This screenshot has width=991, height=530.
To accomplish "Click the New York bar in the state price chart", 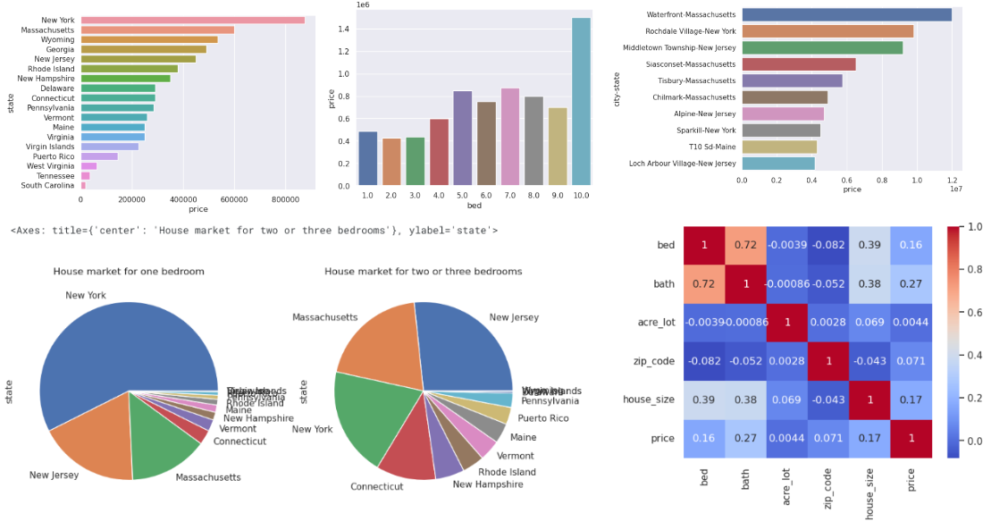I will pos(192,20).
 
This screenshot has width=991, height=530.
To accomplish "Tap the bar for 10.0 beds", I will pos(581,102).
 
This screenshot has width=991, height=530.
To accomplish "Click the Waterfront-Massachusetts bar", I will pos(846,14).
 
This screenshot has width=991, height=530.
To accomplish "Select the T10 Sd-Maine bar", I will pos(779,147).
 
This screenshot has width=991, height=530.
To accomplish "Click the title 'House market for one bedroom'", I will pos(129,271).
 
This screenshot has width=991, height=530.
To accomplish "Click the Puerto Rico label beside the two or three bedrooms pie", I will pos(542,418).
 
